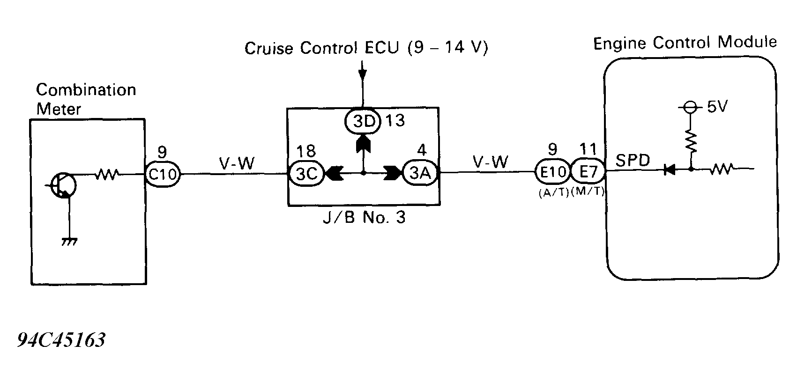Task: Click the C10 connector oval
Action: click(x=162, y=174)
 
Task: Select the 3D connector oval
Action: click(x=364, y=121)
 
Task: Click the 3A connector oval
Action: click(x=420, y=173)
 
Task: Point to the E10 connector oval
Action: click(x=553, y=172)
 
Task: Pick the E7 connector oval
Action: click(x=588, y=172)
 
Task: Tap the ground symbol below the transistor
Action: click(x=69, y=242)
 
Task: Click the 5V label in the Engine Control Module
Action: click(x=716, y=107)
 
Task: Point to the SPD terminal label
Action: click(x=633, y=161)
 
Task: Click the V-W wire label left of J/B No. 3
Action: click(x=237, y=163)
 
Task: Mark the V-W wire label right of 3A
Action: click(x=490, y=162)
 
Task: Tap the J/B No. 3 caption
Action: click(x=363, y=218)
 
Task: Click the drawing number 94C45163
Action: click(x=61, y=340)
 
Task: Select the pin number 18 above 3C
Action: click(x=306, y=151)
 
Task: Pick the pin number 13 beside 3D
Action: click(x=395, y=121)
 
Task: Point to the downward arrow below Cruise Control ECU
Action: click(x=362, y=75)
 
